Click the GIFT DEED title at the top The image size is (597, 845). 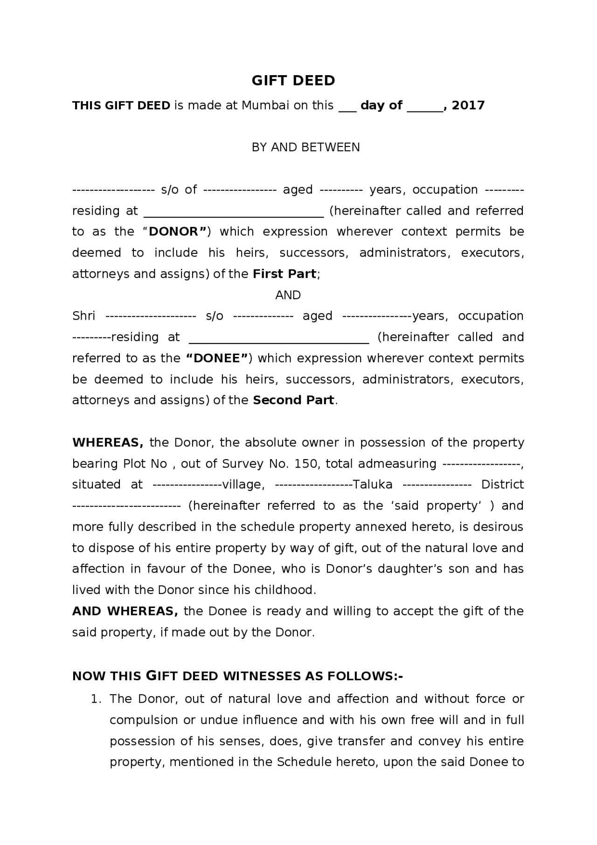coord(293,80)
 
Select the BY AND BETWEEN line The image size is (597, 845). coord(305,147)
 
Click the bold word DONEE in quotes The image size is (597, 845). coord(217,358)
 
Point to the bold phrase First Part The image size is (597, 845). coord(285,274)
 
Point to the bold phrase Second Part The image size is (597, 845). coord(293,400)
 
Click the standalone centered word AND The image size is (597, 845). coord(288,295)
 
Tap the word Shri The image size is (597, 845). coord(83,316)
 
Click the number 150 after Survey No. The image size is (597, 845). coord(306,464)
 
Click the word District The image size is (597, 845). coord(502,484)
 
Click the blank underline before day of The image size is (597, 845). coord(347,108)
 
